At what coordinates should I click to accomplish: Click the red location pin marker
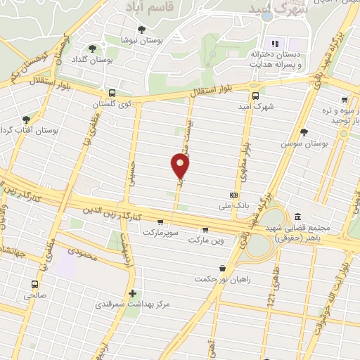180,166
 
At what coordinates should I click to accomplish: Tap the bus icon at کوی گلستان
112,93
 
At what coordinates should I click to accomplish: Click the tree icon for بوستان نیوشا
141,30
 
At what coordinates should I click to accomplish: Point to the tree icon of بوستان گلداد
92,48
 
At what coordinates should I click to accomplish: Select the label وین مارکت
205,240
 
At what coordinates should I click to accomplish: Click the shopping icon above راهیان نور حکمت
223,267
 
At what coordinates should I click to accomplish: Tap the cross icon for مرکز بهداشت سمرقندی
131,293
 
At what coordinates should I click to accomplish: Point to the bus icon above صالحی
34,285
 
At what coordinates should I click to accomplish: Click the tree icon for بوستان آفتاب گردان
26,120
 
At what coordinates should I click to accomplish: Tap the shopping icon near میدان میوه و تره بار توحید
345,99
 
